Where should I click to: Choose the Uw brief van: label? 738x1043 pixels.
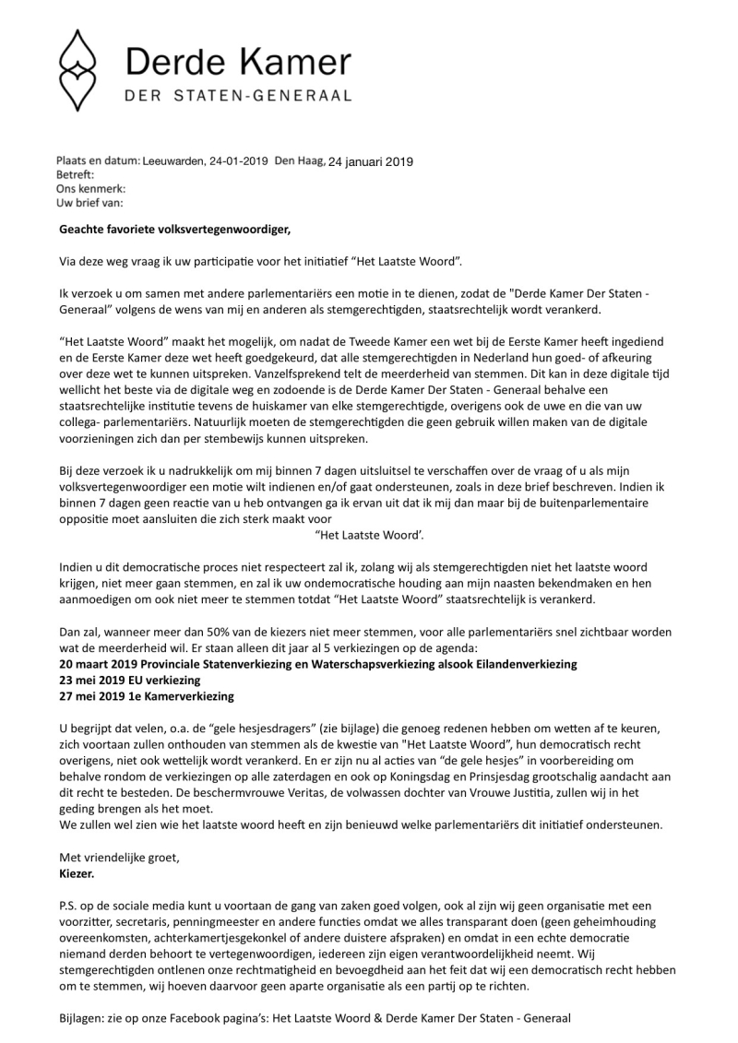(x=89, y=202)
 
